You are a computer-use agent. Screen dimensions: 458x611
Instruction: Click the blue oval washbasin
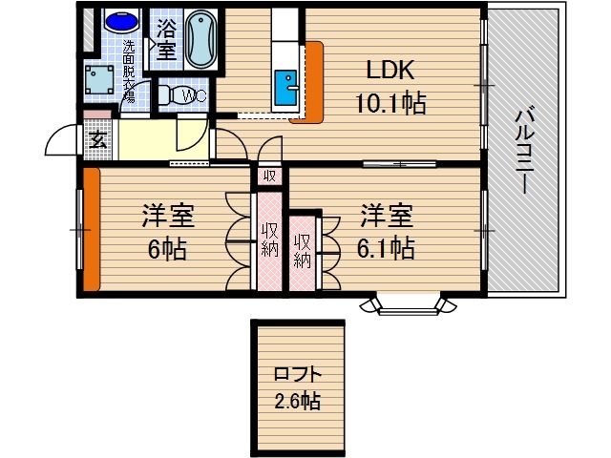pyautogui.click(x=120, y=20)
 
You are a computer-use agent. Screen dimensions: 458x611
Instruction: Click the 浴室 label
pyautogui.click(x=166, y=37)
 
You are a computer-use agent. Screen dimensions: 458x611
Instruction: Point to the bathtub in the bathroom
pyautogui.click(x=202, y=38)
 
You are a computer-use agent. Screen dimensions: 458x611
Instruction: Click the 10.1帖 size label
pyautogui.click(x=392, y=102)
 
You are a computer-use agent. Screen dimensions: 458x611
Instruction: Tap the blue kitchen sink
pyautogui.click(x=284, y=88)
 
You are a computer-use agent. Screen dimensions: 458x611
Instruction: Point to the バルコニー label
pyautogui.click(x=524, y=153)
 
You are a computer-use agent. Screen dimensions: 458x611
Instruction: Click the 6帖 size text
pyautogui.click(x=167, y=250)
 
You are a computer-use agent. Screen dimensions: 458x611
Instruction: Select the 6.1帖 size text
pyautogui.click(x=386, y=248)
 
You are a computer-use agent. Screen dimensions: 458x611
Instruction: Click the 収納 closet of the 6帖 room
pyautogui.click(x=269, y=240)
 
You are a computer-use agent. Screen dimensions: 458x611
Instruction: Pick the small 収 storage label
pyautogui.click(x=270, y=176)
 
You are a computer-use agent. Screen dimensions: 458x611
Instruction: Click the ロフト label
pyautogui.click(x=297, y=373)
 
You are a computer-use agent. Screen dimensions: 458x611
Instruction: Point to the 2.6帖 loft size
pyautogui.click(x=297, y=401)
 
